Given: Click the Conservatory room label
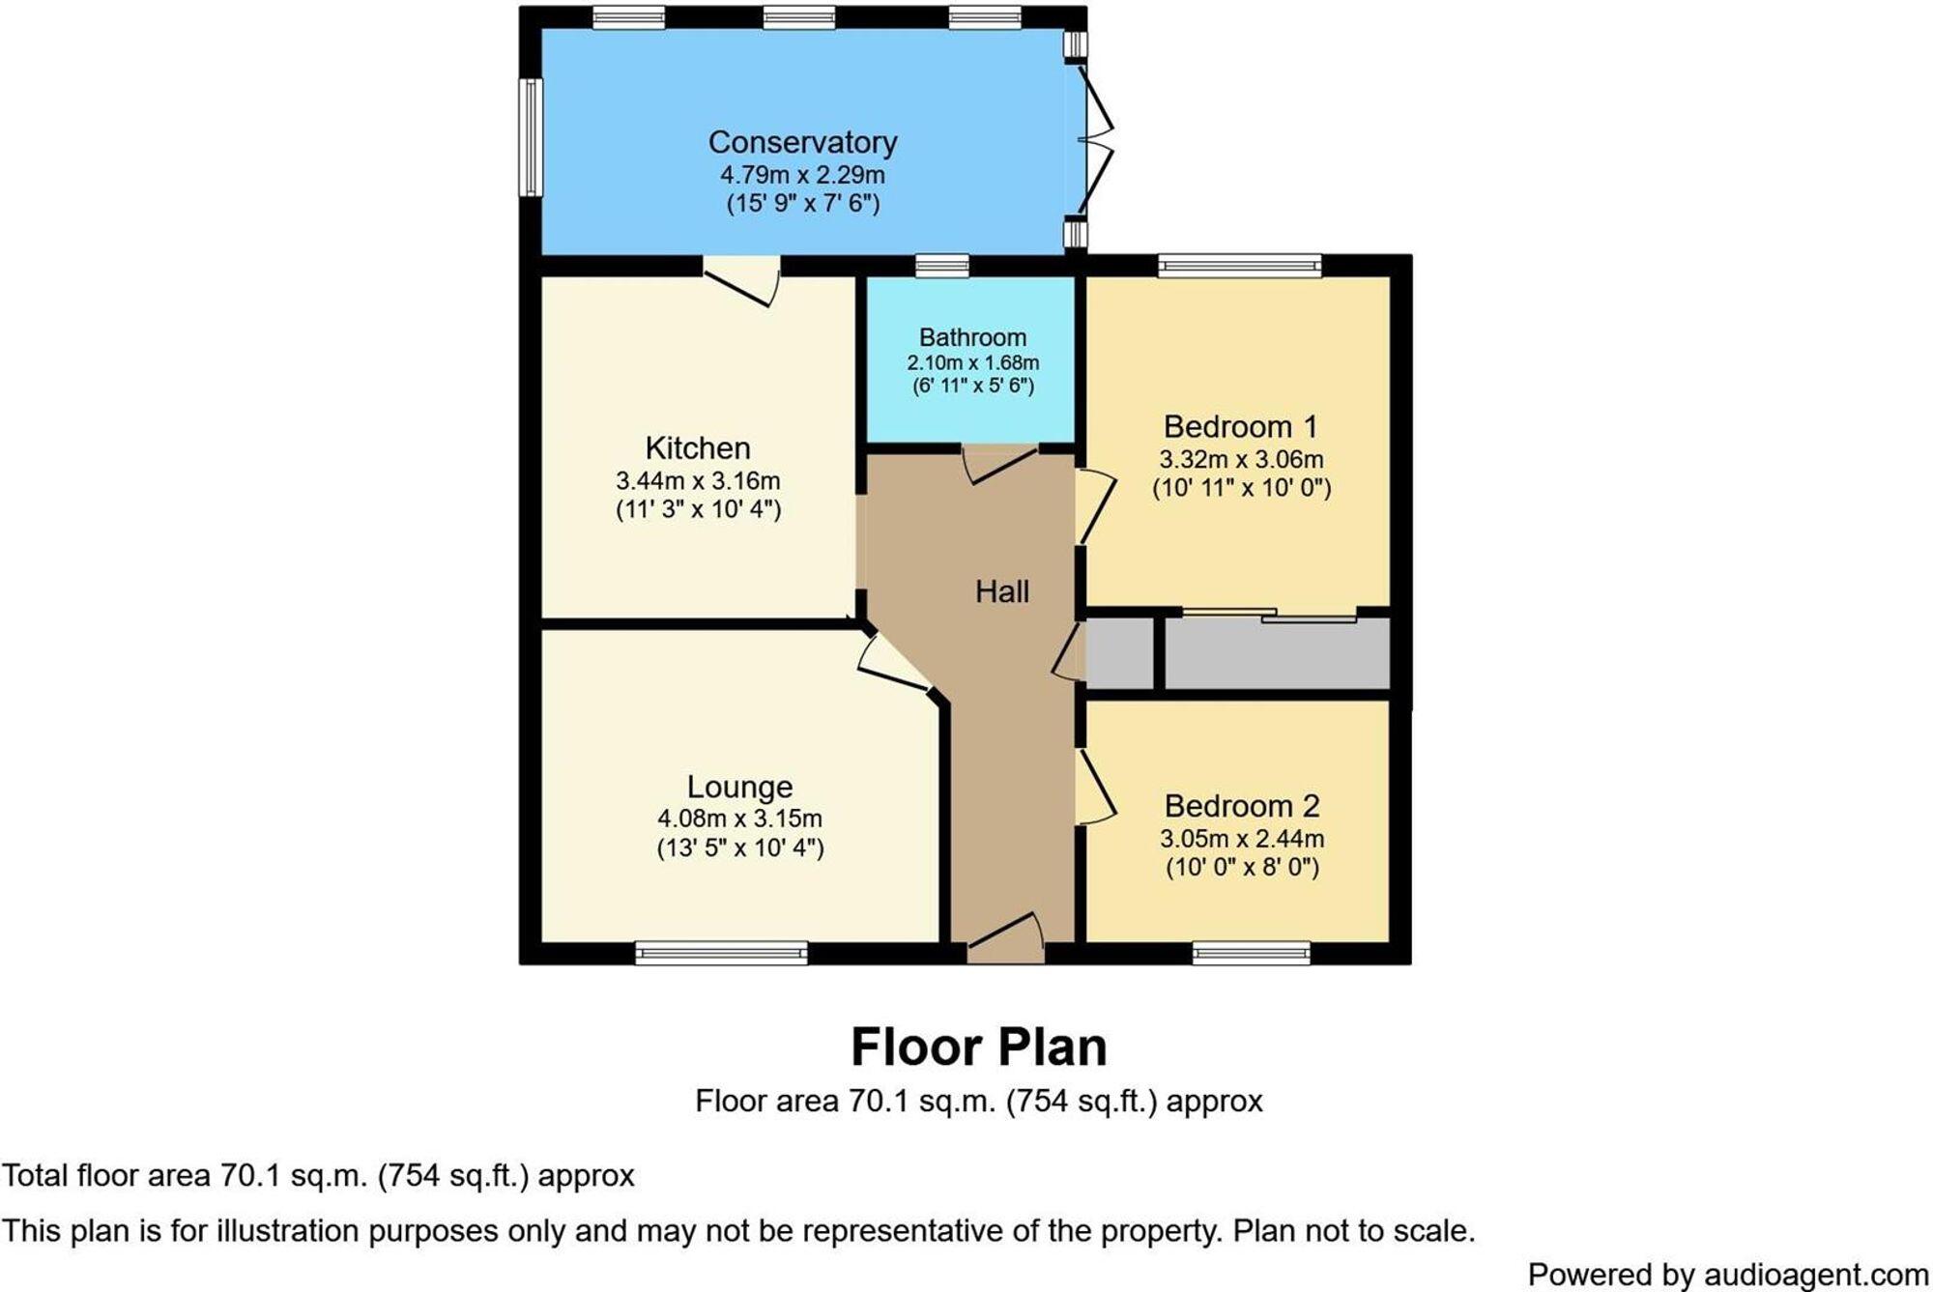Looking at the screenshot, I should pos(802,142).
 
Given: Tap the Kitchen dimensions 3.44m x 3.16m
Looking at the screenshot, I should pos(698,480).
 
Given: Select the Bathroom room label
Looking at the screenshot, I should pos(972,337).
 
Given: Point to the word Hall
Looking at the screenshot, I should pos(1001,591).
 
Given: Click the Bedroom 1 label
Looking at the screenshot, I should pos(1240,426).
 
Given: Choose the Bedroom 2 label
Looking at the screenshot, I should pos(1241,805).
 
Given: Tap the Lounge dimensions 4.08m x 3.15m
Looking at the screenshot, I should pos(739,818).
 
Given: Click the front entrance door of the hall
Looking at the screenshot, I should pos(1005,941).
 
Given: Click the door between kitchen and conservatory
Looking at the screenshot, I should pos(742,281).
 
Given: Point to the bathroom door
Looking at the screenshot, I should pos(999,463).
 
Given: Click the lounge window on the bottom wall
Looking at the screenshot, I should pos(721,954).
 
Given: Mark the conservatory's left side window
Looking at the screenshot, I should pos(530,137).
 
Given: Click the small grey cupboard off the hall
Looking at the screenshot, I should pos(1119,654).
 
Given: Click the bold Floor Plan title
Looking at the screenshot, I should pos(978,1047).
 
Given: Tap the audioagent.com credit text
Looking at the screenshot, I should pos(1727,1274).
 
